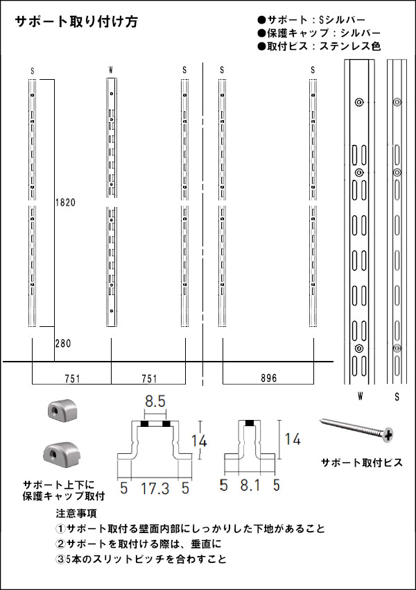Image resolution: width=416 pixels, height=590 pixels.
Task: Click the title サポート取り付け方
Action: coord(76,22)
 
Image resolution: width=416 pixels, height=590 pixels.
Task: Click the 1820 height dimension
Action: coord(65,203)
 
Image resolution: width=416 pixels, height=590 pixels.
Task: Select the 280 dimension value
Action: coord(63,344)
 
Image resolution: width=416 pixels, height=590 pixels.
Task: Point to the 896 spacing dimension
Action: coord(269,378)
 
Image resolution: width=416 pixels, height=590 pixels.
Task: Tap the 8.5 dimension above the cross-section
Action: coord(155,401)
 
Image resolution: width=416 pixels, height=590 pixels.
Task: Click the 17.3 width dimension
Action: coord(155,488)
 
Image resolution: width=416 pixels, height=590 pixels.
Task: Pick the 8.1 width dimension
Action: coord(250,485)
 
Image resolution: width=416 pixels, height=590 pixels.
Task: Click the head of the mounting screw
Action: coord(388,435)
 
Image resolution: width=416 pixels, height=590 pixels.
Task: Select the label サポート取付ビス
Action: coord(362,462)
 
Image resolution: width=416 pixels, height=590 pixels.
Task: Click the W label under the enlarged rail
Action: coord(361,396)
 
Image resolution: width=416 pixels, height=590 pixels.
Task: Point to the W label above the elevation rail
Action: coord(110,69)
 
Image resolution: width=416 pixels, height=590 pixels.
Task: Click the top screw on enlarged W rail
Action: coord(359,102)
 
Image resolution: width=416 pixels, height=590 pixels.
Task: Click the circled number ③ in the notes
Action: coord(60,559)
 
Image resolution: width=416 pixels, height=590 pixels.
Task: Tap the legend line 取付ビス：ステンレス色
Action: coord(319,47)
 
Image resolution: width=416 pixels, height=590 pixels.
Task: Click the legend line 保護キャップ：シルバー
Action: coord(319,33)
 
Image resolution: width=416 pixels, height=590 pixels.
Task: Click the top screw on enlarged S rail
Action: coord(397,102)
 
